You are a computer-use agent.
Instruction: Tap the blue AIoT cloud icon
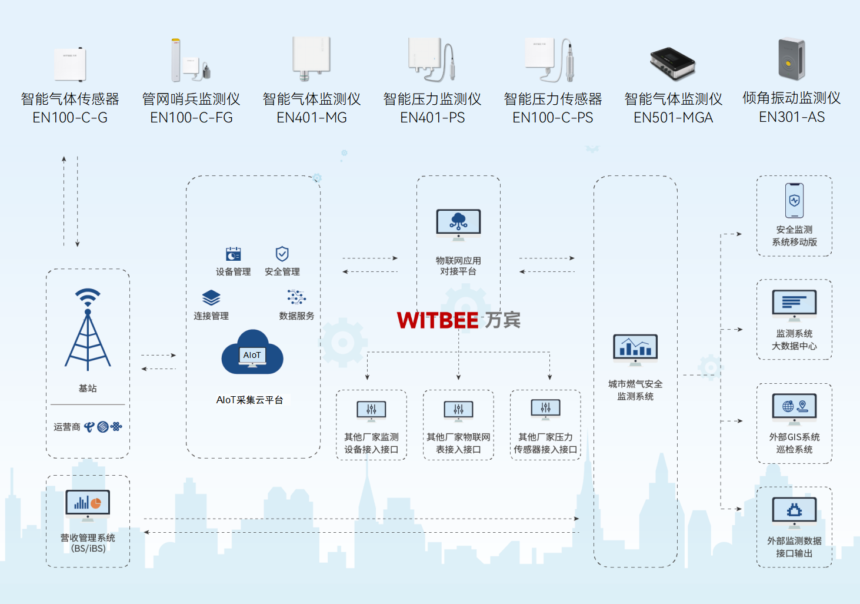click(x=252, y=353)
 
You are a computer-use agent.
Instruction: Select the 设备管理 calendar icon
click(x=234, y=254)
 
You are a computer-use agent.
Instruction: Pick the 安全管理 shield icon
click(x=282, y=254)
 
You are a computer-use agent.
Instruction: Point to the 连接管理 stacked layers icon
click(x=211, y=297)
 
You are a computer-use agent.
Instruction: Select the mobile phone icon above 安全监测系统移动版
click(x=794, y=201)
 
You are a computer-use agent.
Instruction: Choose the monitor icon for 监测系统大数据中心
click(x=794, y=305)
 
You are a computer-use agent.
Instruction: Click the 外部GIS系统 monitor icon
click(x=794, y=408)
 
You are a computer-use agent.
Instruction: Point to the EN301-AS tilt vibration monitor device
click(x=792, y=59)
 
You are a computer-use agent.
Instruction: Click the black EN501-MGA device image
click(x=672, y=63)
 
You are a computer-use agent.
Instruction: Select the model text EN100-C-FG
click(x=191, y=118)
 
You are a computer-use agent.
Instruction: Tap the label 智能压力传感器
click(x=553, y=99)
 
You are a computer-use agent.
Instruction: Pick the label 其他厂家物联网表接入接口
click(x=458, y=443)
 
